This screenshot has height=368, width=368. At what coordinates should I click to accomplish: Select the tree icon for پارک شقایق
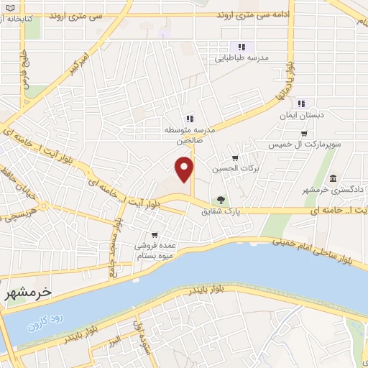point(221,201)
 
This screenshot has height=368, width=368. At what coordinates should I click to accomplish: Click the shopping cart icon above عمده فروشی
point(155,234)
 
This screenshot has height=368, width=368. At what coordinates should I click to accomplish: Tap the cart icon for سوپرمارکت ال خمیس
point(304,134)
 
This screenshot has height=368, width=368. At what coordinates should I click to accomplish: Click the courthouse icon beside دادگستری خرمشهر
point(333,178)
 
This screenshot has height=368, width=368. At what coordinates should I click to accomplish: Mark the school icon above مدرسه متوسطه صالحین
point(189,119)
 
